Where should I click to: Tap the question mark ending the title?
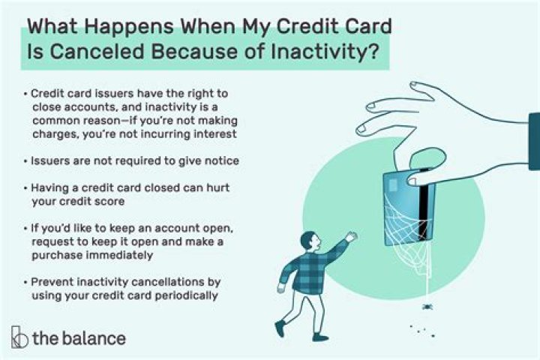pos(372,51)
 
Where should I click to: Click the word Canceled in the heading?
pos(97,52)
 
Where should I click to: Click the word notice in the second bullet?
pos(222,161)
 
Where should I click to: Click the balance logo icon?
pos(19,337)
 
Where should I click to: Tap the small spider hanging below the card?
pos(427,306)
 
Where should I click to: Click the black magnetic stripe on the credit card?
pos(426,205)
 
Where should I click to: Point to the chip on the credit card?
pos(393,185)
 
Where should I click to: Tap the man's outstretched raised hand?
pos(351,236)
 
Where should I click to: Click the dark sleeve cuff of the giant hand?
pos(534,141)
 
